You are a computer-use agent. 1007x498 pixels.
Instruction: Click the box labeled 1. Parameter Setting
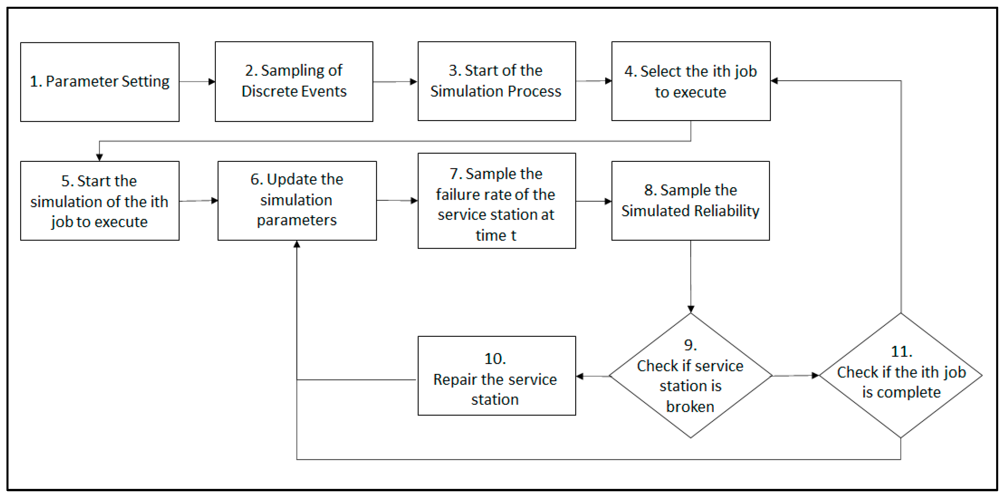click(100, 82)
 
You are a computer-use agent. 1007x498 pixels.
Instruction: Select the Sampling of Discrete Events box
click(294, 81)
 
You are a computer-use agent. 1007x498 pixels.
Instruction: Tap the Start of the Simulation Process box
click(497, 81)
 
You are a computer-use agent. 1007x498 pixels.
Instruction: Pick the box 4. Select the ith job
click(691, 81)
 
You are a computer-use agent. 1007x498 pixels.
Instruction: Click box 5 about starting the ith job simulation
click(100, 201)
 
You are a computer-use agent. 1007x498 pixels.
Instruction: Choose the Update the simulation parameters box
click(297, 201)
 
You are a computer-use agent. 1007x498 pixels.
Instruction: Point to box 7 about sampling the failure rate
click(497, 201)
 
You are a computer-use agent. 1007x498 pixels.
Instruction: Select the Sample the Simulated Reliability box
click(690, 201)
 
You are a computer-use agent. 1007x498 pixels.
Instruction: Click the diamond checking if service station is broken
click(690, 376)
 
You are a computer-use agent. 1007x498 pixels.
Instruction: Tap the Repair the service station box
click(497, 376)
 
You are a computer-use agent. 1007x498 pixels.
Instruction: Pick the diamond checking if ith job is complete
click(901, 376)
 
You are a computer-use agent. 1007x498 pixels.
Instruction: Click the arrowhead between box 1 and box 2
click(212, 82)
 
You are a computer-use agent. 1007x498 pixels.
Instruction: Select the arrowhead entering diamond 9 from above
click(691, 309)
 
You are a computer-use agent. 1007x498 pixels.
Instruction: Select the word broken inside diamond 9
click(690, 407)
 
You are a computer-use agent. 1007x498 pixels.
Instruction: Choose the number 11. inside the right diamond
click(901, 351)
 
